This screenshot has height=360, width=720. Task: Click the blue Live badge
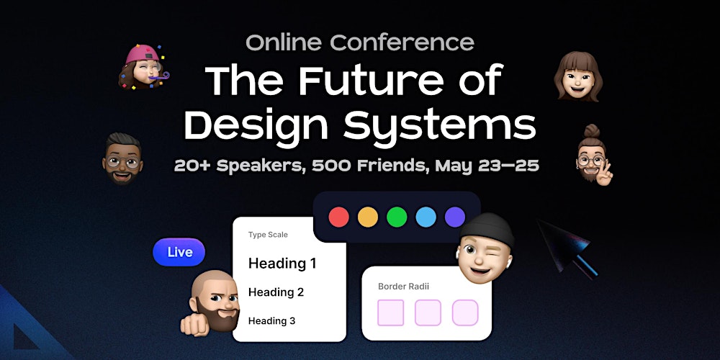click(179, 252)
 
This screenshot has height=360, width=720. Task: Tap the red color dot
click(338, 217)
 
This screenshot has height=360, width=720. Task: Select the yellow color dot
click(368, 217)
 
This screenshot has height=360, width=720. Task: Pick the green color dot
click(397, 217)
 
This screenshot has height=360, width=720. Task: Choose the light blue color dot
click(426, 217)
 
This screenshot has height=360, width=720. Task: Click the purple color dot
click(454, 217)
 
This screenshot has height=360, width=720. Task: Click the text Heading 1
click(282, 264)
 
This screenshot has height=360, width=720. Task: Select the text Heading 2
click(276, 292)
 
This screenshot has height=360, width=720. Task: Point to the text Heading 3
click(271, 321)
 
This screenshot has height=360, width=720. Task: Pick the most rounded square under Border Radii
click(465, 312)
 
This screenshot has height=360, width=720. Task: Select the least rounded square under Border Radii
click(391, 312)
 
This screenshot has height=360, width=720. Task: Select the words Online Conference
click(360, 42)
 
